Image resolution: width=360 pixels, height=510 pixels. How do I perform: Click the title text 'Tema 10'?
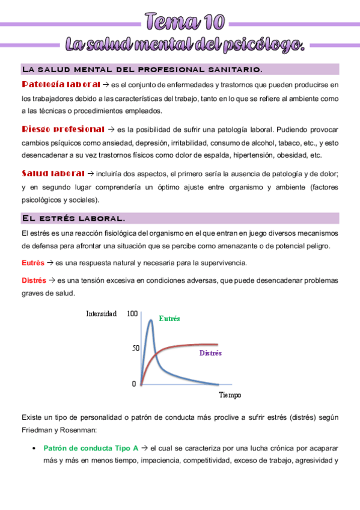185,22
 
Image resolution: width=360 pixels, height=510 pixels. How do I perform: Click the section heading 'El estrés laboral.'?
73,218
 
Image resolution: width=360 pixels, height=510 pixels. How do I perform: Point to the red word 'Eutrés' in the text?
32,263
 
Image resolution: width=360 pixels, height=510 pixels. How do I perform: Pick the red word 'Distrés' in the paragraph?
34,280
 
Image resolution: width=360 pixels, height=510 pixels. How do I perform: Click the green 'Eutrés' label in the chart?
169,318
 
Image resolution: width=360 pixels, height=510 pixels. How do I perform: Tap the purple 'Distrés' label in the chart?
210,353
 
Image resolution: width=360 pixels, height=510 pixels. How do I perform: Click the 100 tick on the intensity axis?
133,313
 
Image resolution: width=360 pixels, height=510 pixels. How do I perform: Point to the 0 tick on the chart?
134,383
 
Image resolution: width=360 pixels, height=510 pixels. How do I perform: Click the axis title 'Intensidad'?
102,313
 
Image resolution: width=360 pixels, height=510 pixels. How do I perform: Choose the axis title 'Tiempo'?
230,395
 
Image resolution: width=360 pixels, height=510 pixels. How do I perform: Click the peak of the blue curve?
150,321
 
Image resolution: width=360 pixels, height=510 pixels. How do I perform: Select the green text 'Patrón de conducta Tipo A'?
91,448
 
